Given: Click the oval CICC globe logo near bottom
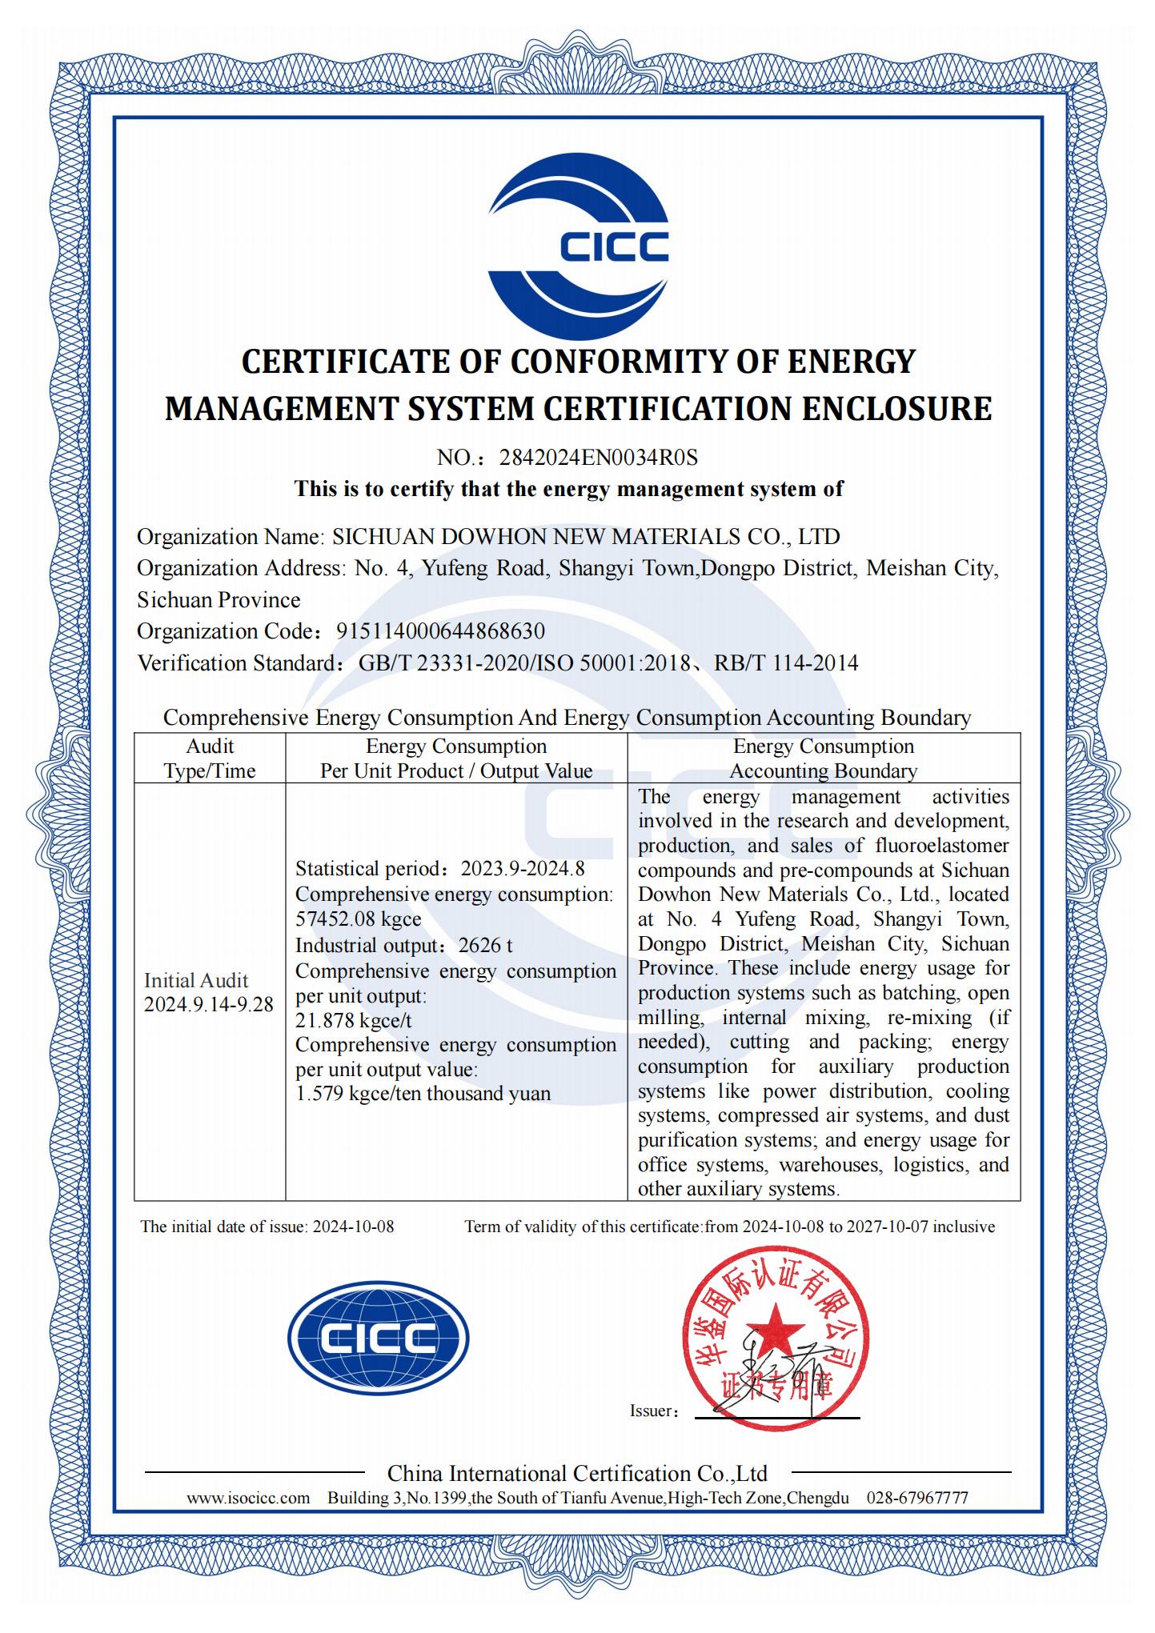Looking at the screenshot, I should pyautogui.click(x=379, y=1337).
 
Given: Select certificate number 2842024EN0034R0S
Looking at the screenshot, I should pyautogui.click(x=599, y=458).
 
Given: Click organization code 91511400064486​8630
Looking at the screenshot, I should pyautogui.click(x=440, y=631).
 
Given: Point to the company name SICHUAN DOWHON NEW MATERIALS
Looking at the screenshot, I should pyautogui.click(x=586, y=536).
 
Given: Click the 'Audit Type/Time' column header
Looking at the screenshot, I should pyautogui.click(x=210, y=758).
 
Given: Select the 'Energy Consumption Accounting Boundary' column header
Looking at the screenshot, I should pyautogui.click(x=823, y=758).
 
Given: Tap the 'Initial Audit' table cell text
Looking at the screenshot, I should pyautogui.click(x=196, y=981).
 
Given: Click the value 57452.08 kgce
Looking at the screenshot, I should pyautogui.click(x=358, y=919).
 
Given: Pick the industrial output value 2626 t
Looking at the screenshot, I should pyautogui.click(x=485, y=945).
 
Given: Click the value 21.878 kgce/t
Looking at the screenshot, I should pyautogui.click(x=354, y=1020).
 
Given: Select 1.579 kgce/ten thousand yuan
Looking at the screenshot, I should pyautogui.click(x=423, y=1094).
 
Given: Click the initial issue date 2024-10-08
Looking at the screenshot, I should pyautogui.click(x=353, y=1227).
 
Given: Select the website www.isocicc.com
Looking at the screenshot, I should pyautogui.click(x=248, y=1499).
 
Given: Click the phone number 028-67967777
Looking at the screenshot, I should pyautogui.click(x=917, y=1499).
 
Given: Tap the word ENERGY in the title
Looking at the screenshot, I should pyautogui.click(x=851, y=362).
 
